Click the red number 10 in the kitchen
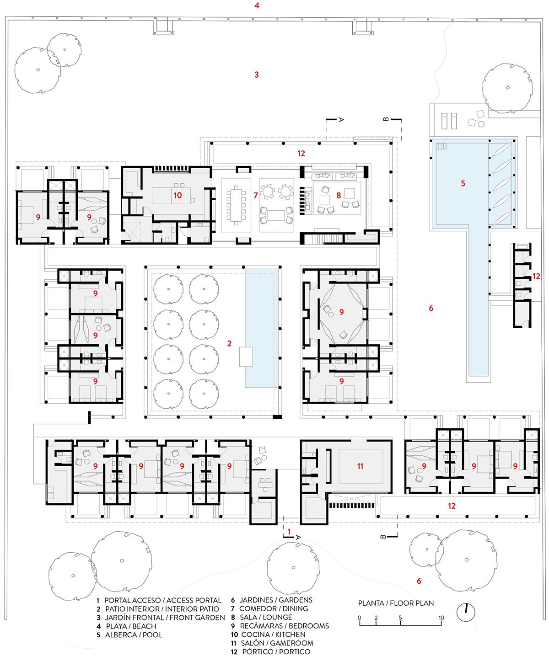click(178, 195)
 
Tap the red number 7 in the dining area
click(256, 195)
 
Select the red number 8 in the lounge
click(339, 195)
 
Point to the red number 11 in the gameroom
click(361, 466)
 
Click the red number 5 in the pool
click(463, 183)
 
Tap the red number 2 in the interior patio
click(229, 343)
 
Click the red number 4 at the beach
click(257, 5)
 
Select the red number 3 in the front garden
click(257, 75)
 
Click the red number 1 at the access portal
click(289, 532)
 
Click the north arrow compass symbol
click(466, 612)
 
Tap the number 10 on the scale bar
click(441, 618)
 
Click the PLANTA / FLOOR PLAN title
click(396, 603)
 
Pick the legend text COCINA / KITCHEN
click(268, 635)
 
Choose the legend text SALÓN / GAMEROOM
click(272, 643)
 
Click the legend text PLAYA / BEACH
click(126, 626)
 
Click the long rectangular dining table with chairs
click(236, 205)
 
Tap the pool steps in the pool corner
click(441, 146)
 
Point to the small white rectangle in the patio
click(246, 357)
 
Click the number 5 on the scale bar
click(400, 618)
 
